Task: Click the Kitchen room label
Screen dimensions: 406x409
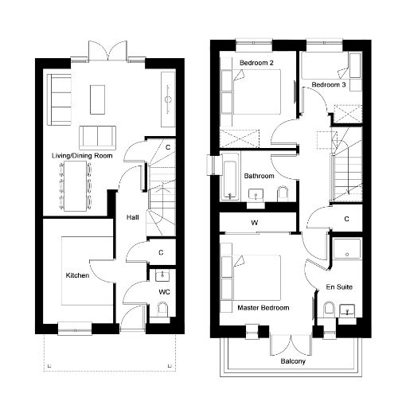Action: point(77,275)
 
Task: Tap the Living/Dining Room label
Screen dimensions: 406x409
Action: point(82,156)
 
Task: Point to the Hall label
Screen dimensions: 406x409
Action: point(132,217)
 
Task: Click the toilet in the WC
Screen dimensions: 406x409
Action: point(162,309)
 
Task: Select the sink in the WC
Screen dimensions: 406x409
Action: point(162,276)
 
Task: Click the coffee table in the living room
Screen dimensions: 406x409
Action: point(97,99)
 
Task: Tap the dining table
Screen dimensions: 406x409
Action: point(76,186)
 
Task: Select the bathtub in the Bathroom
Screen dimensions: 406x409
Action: point(230,180)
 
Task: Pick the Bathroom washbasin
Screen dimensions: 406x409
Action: point(256,195)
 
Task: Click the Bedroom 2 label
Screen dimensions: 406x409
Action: point(256,63)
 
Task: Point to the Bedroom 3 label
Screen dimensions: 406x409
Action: point(329,85)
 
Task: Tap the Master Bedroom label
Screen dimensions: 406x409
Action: point(264,308)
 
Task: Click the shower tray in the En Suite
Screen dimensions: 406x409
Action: point(347,249)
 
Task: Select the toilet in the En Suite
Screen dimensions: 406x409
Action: point(329,310)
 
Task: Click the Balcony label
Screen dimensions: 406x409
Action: point(293,361)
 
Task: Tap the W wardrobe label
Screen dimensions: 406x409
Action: point(255,222)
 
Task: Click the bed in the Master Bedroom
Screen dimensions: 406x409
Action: point(251,278)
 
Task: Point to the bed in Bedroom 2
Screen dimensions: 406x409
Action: point(251,92)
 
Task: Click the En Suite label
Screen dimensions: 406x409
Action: point(339,287)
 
